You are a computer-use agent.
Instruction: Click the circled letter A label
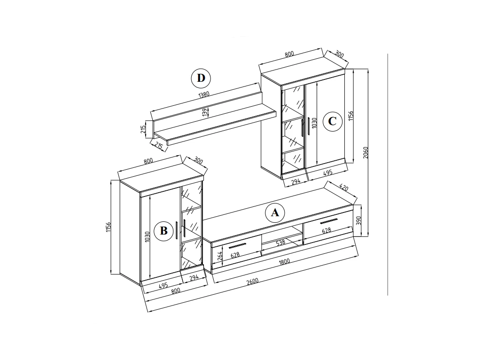(x=275, y=212)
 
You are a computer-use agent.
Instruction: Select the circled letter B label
(x=164, y=230)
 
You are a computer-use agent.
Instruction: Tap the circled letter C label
(x=332, y=121)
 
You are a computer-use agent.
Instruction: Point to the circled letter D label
(x=201, y=78)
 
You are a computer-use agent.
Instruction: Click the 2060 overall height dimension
(x=365, y=153)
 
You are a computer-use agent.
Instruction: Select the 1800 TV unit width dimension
(x=284, y=262)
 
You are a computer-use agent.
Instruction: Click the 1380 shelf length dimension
(x=204, y=94)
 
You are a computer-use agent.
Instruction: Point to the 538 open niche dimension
(x=280, y=243)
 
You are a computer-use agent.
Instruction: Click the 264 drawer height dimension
(x=220, y=256)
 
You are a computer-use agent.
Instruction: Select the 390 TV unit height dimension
(x=359, y=220)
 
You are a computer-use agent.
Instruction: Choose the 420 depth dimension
(x=344, y=187)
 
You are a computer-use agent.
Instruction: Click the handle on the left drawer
(x=237, y=245)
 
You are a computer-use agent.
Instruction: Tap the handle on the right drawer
(x=328, y=221)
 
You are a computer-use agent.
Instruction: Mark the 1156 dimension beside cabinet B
(x=108, y=227)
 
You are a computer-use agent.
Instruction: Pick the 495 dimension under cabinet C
(x=328, y=173)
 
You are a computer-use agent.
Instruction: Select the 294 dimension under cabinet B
(x=194, y=277)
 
